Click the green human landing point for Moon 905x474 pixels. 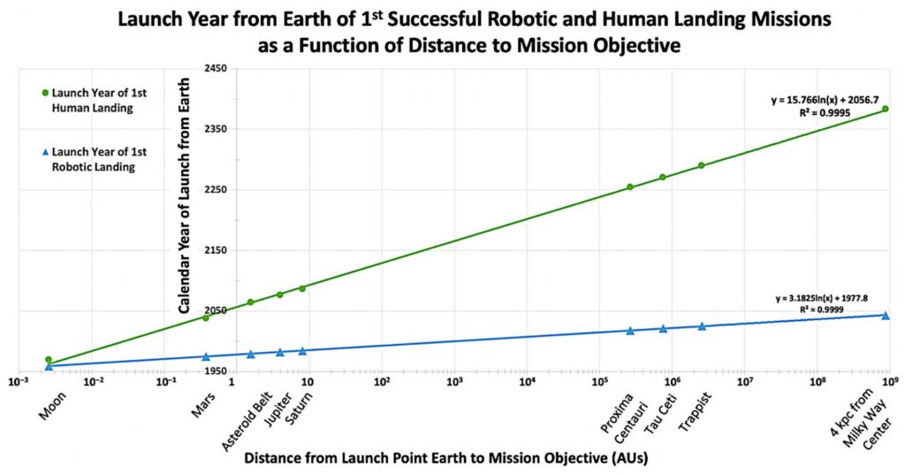48,360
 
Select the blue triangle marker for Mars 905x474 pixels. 206,357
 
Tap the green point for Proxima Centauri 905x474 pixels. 630,187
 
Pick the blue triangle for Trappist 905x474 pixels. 702,326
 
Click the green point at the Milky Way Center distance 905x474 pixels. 885,109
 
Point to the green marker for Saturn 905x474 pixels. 302,288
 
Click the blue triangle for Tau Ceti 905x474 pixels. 663,329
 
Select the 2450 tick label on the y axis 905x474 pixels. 216,69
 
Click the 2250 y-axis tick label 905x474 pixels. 216,190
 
